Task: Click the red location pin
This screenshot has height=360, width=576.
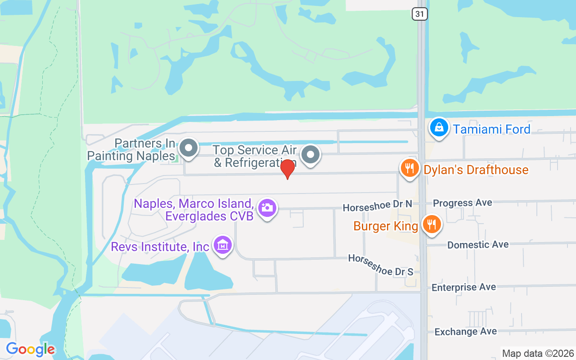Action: (288, 169)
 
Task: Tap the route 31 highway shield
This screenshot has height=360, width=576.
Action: (419, 14)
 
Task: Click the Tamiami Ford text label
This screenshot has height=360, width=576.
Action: (492, 130)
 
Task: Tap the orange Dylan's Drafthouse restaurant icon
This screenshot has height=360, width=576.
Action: (409, 169)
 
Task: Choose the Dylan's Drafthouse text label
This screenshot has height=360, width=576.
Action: (476, 170)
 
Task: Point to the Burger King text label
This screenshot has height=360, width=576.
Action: (386, 226)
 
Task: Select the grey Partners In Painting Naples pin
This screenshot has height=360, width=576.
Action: (189, 148)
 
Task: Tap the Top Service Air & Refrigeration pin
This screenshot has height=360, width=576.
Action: (310, 155)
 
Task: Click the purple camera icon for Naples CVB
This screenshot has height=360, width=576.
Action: (267, 207)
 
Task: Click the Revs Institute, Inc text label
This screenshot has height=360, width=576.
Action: (160, 247)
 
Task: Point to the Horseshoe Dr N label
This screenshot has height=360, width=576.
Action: (378, 206)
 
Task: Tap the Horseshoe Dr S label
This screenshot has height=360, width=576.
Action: (380, 265)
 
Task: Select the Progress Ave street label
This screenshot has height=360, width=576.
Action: (463, 203)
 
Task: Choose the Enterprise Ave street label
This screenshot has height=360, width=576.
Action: (463, 287)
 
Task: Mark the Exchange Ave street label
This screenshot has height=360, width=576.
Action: (465, 332)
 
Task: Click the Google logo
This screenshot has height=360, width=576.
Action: (30, 349)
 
